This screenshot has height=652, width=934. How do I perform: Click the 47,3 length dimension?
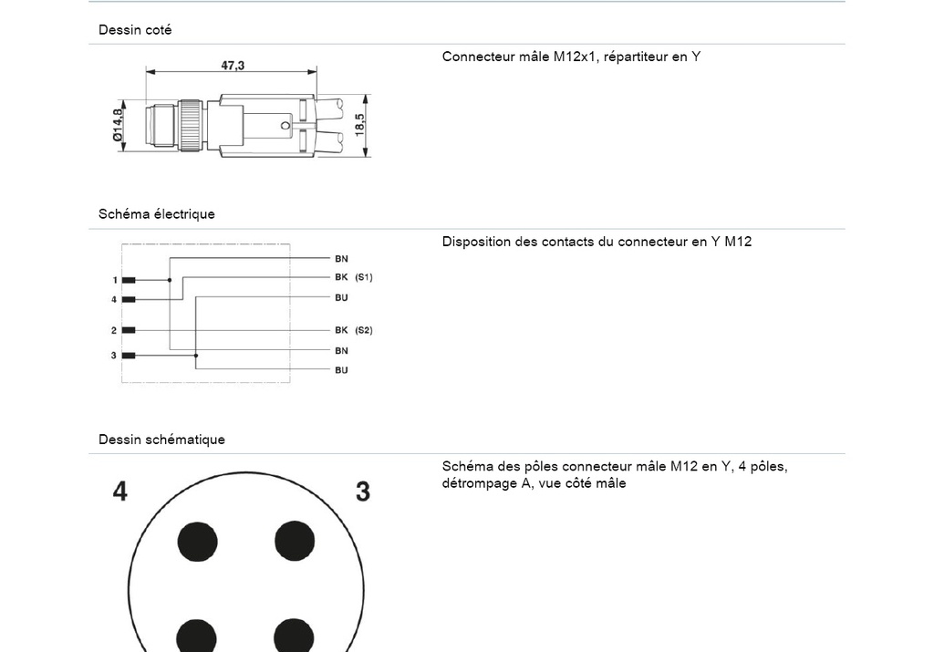(232, 66)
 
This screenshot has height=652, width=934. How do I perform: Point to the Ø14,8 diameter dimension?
(117, 124)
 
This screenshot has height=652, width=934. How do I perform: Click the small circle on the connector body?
(285, 125)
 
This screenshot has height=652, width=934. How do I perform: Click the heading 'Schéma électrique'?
(157, 214)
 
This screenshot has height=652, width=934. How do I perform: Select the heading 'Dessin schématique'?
(161, 440)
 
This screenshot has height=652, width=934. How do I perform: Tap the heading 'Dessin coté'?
(135, 30)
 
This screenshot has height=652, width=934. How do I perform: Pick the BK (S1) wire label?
(353, 277)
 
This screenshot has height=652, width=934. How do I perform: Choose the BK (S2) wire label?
(353, 330)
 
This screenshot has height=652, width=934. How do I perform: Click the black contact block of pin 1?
(129, 280)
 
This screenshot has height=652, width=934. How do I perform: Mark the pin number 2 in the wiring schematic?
(114, 330)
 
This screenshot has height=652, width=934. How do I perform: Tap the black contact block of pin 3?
(129, 355)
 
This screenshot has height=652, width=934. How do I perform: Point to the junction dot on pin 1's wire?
(170, 280)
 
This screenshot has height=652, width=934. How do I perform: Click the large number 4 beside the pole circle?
(119, 492)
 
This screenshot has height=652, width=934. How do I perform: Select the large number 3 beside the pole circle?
(363, 492)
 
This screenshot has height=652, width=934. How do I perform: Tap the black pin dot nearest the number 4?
(197, 541)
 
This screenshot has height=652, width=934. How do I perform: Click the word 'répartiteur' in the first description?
(638, 57)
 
